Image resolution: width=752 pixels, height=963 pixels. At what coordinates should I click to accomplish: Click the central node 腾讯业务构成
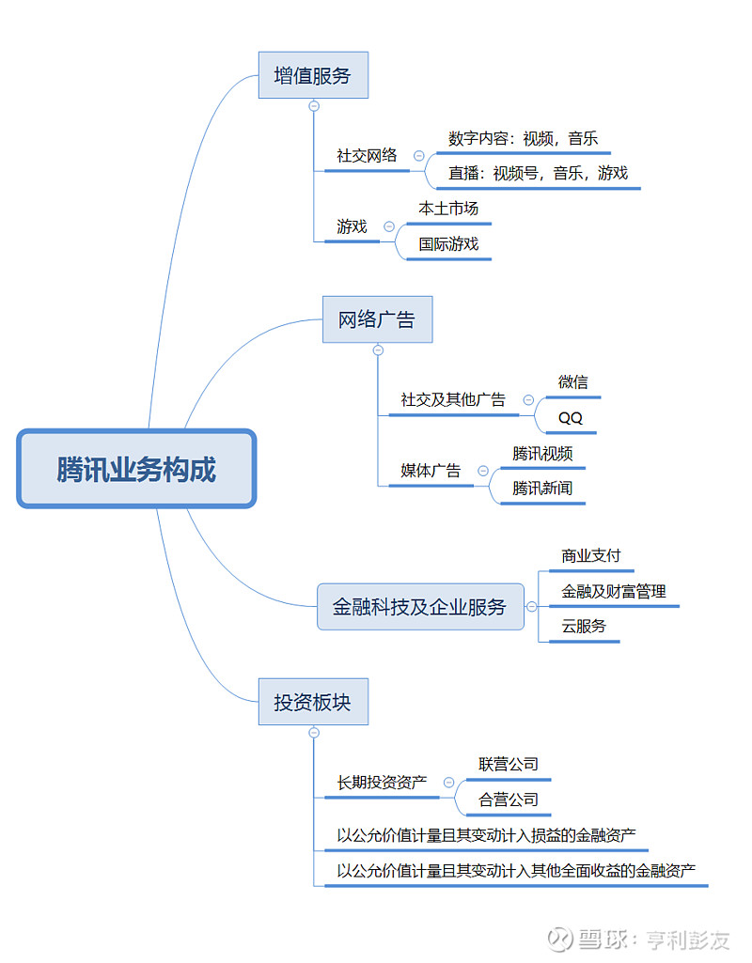pyautogui.click(x=136, y=469)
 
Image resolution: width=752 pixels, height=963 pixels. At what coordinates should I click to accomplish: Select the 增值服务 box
pyautogui.click(x=313, y=75)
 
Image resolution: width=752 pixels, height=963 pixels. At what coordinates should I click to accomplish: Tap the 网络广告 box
pyautogui.click(x=376, y=319)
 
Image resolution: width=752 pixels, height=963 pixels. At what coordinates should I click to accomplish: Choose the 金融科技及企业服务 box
pyautogui.click(x=420, y=606)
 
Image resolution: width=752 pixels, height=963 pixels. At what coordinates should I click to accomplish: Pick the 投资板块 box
pyautogui.click(x=313, y=702)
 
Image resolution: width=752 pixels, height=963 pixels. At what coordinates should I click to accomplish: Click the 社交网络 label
pyautogui.click(x=367, y=156)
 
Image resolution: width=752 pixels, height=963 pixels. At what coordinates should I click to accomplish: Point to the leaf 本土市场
pyautogui.click(x=448, y=208)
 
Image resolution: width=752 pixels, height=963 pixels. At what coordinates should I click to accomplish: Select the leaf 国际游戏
pyautogui.click(x=448, y=244)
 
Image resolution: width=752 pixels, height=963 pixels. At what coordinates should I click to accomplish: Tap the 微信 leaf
pyautogui.click(x=572, y=381)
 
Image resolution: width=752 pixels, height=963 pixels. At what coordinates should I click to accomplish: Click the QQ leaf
pyautogui.click(x=571, y=418)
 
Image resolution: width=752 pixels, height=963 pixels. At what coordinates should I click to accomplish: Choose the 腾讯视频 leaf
pyautogui.click(x=542, y=454)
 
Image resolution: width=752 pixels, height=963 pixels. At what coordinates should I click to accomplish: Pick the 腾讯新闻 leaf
pyautogui.click(x=542, y=489)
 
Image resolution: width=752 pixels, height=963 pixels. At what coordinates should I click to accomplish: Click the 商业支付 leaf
pyautogui.click(x=590, y=556)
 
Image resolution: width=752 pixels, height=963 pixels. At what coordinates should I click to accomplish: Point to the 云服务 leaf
pyautogui.click(x=584, y=627)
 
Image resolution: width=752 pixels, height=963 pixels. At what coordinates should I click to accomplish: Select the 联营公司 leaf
pyautogui.click(x=509, y=765)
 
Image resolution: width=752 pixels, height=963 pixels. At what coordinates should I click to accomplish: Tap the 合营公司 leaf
pyautogui.click(x=509, y=800)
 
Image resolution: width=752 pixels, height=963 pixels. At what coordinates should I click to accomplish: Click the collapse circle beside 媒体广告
pyautogui.click(x=483, y=471)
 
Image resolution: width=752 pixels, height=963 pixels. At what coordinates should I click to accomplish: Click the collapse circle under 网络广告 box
pyautogui.click(x=378, y=350)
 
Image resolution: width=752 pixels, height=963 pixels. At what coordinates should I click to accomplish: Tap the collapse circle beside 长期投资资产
pyautogui.click(x=448, y=782)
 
